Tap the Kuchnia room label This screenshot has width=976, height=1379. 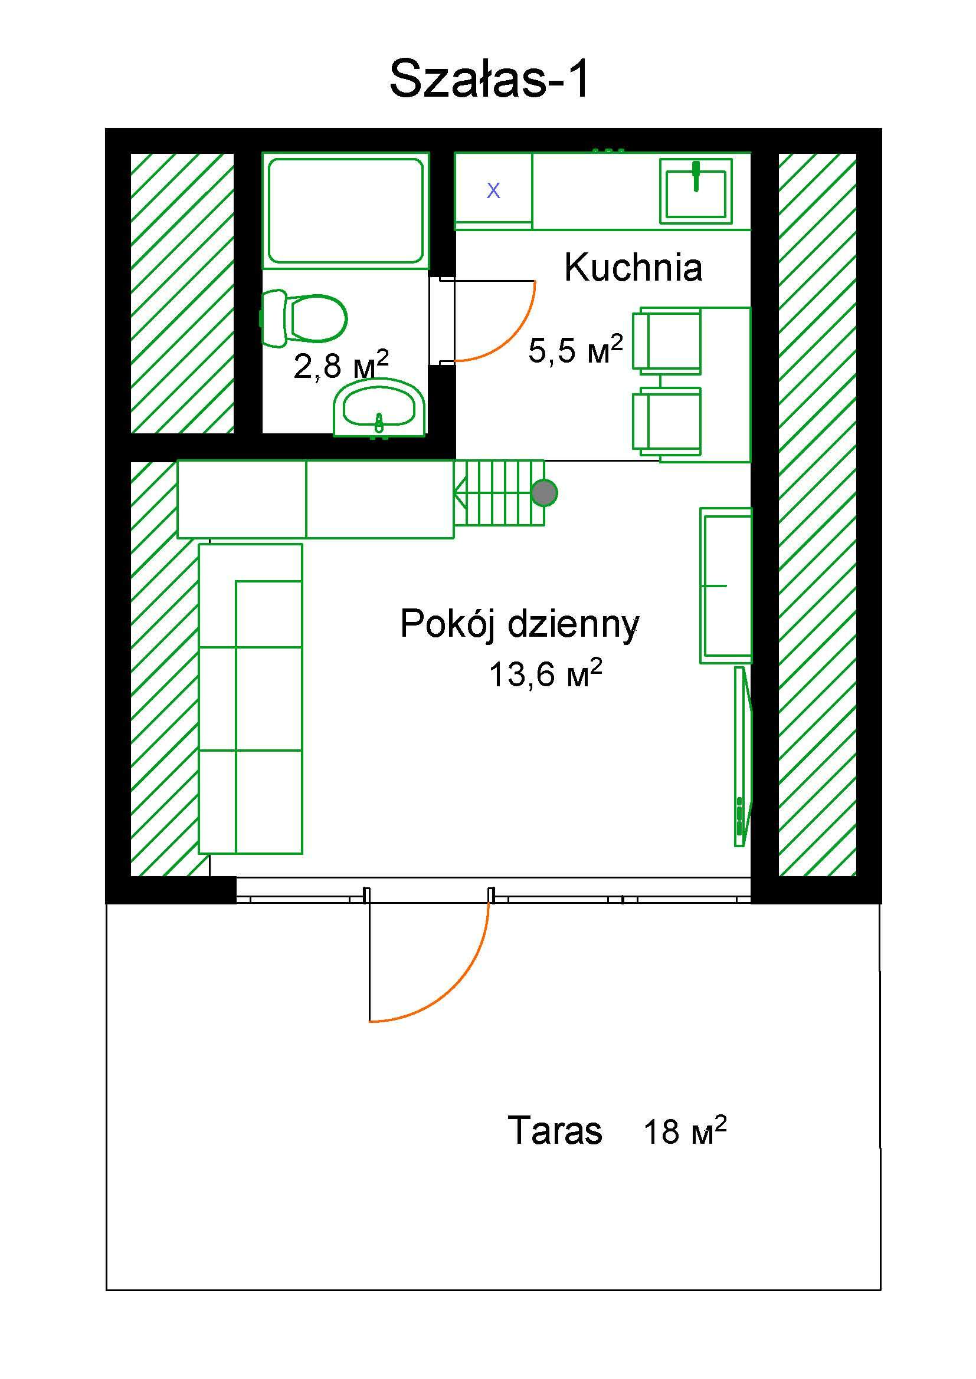(633, 267)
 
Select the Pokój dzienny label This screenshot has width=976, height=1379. (520, 625)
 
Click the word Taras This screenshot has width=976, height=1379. (555, 1130)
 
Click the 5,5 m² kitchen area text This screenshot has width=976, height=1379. (576, 350)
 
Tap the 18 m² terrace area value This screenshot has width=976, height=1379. (685, 1130)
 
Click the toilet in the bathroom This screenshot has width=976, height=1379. (303, 318)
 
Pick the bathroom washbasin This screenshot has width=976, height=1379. (379, 408)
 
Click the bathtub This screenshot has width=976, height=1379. (346, 210)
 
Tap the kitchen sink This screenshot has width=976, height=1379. (696, 190)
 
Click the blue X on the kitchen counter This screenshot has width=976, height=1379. (493, 191)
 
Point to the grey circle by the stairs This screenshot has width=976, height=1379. (545, 493)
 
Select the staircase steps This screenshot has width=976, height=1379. (499, 493)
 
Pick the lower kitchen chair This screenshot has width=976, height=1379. (667, 421)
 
